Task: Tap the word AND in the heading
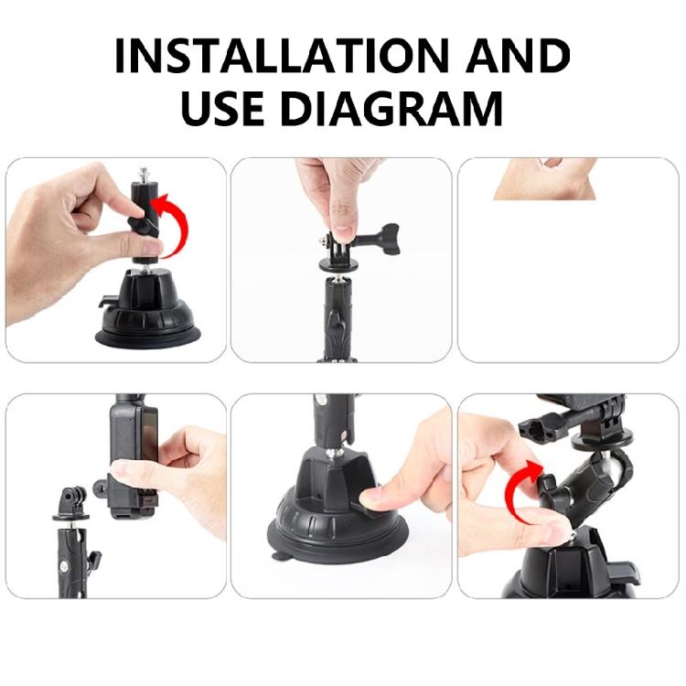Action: coord(518,57)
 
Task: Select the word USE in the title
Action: coord(224,108)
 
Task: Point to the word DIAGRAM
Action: coord(392,108)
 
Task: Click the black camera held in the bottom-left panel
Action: coord(128,457)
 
